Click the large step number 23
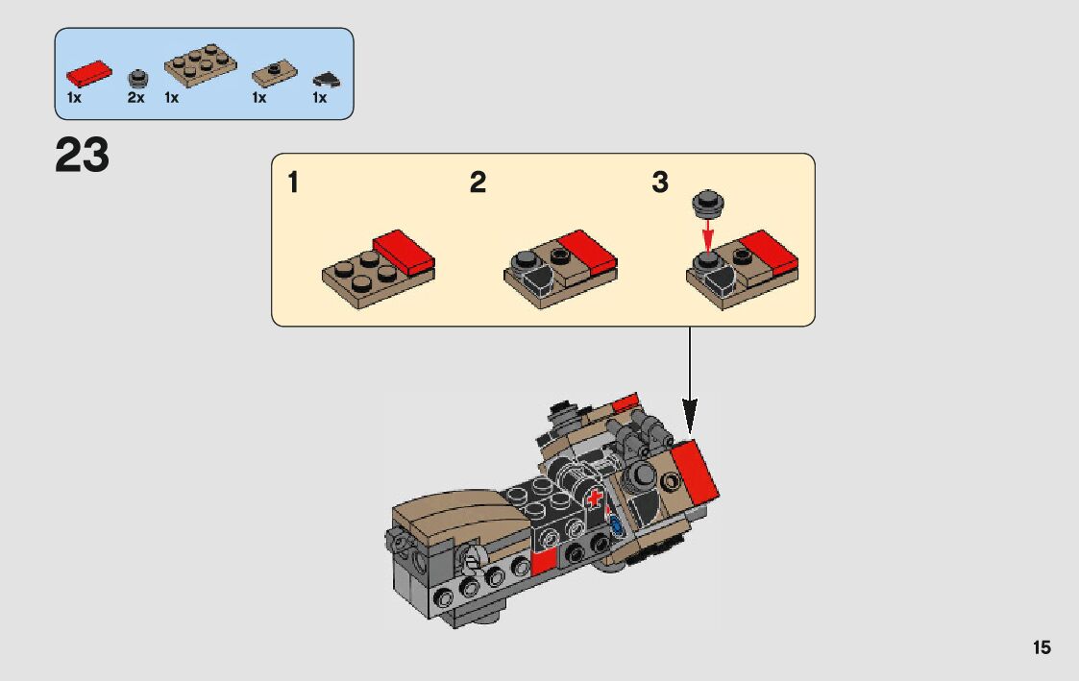82,155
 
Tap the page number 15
1042,647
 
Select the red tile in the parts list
88,74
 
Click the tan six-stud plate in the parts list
200,66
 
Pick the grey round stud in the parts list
137,79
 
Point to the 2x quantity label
136,98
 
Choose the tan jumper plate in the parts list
274,73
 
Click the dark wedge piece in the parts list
326,80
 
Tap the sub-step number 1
293,182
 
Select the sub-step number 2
478,182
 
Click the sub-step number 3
660,182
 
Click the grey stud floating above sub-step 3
707,203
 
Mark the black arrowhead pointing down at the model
690,416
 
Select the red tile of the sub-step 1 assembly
404,252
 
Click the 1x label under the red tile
74,98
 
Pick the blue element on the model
616,526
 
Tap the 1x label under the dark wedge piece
319,98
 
